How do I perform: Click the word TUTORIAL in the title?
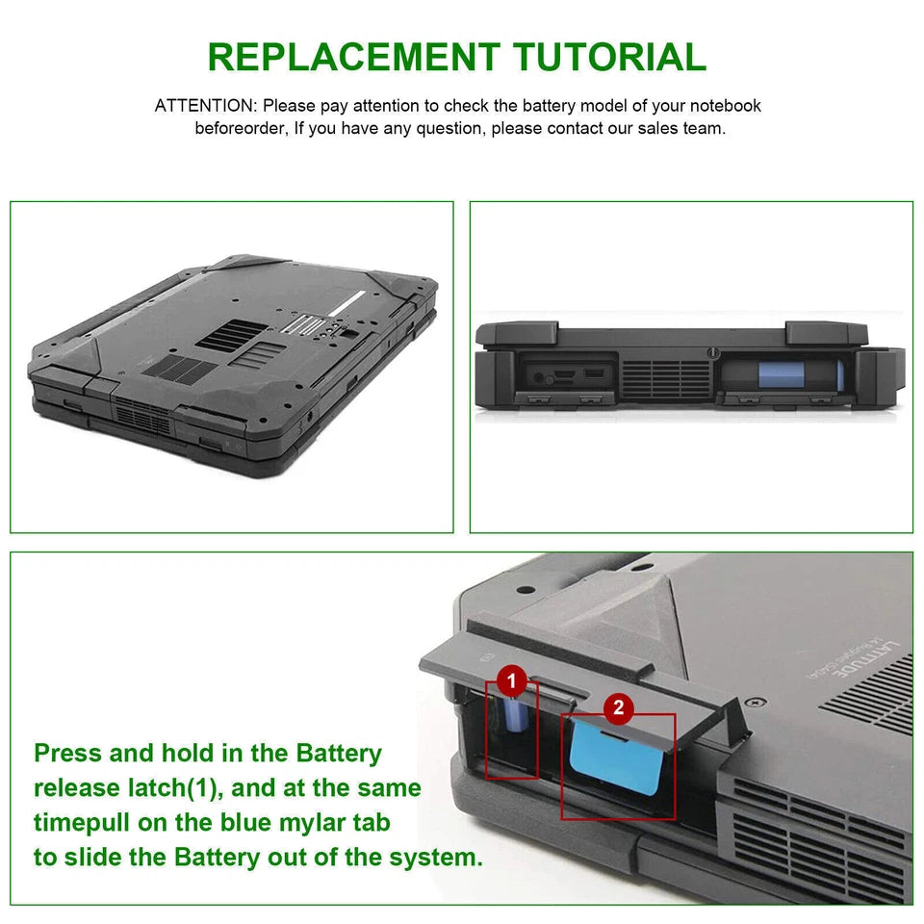click(610, 57)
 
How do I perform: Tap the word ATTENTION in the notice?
click(205, 106)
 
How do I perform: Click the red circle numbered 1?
click(511, 682)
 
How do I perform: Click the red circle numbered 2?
click(618, 709)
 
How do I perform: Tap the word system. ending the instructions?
click(436, 858)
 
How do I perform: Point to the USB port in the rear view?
click(594, 372)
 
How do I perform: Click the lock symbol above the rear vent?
click(711, 353)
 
